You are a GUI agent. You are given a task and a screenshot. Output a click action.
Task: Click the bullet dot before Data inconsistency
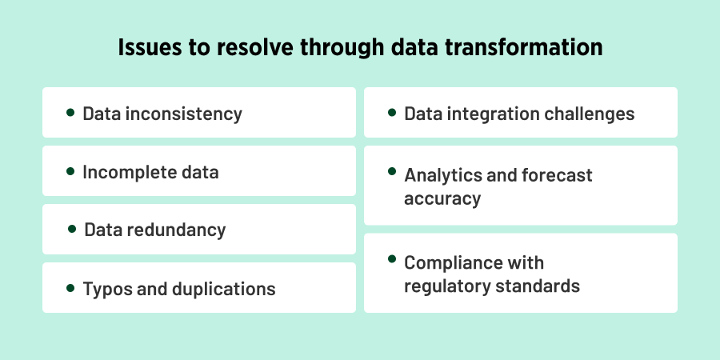pyautogui.click(x=71, y=112)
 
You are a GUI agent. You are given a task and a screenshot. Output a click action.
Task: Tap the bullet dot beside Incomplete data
pyautogui.click(x=71, y=170)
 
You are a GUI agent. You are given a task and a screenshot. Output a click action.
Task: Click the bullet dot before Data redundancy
pyautogui.click(x=73, y=229)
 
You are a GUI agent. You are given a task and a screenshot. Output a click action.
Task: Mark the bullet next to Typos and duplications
pyautogui.click(x=71, y=287)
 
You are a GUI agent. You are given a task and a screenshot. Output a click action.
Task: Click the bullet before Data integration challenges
pyautogui.click(x=392, y=112)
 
